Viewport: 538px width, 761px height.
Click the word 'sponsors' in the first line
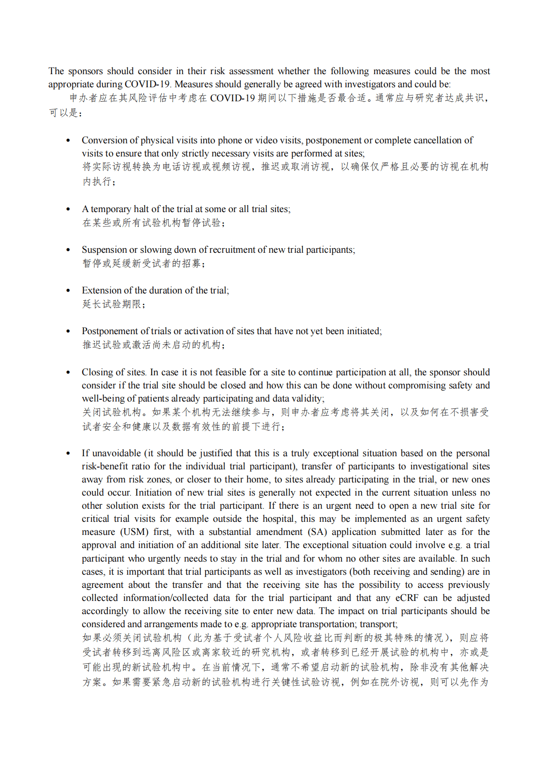click(x=85, y=71)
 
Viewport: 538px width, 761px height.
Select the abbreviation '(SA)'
click(x=317, y=532)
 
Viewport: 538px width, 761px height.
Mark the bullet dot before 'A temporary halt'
click(x=68, y=209)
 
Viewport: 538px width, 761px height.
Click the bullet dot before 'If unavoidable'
click(x=68, y=454)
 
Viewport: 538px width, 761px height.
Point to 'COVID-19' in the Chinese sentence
click(x=232, y=98)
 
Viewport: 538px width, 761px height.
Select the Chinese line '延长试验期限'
click(x=113, y=304)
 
